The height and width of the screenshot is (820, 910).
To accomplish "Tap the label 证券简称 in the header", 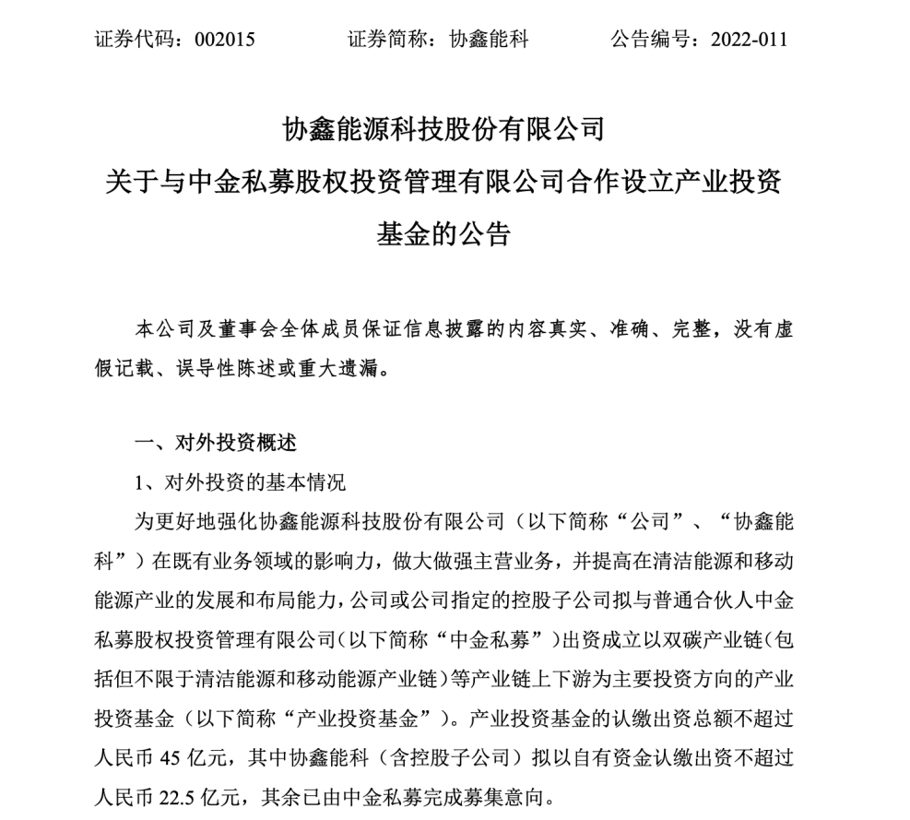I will click(x=386, y=40).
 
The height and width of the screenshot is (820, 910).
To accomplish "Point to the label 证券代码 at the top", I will click(x=132, y=40).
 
